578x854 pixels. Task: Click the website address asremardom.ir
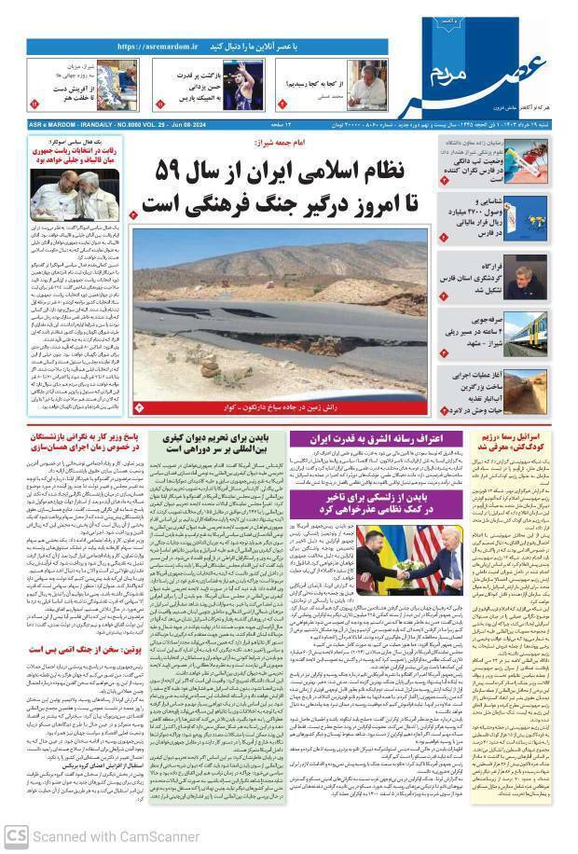pos(158,46)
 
